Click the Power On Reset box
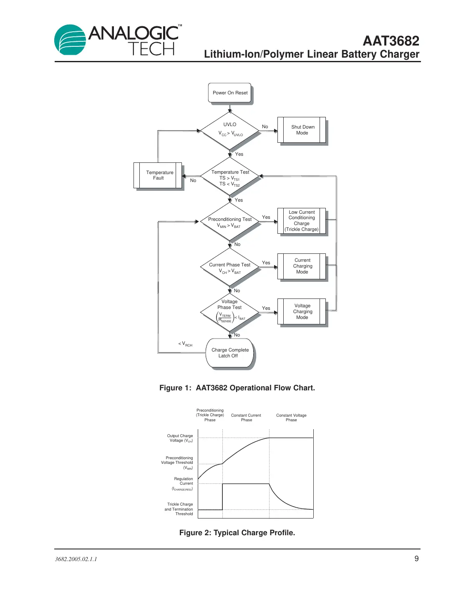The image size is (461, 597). [x=230, y=93]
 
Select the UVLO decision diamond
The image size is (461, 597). [x=230, y=130]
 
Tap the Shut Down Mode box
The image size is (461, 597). [x=302, y=130]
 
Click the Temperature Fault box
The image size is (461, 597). [x=158, y=175]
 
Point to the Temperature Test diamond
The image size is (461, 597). [x=230, y=177]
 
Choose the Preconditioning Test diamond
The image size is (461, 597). [x=230, y=222]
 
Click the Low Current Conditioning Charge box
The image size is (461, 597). [x=302, y=221]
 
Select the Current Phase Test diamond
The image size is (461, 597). [x=230, y=268]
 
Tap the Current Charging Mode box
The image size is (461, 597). [x=302, y=266]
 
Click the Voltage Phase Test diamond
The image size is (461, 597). [x=230, y=312]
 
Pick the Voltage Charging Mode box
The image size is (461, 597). [x=302, y=311]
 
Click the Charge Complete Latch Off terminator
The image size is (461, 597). [x=230, y=353]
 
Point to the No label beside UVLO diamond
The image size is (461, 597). [x=265, y=126]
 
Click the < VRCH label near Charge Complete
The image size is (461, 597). [x=186, y=344]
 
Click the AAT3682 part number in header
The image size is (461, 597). [x=391, y=41]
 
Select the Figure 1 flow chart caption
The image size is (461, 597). [x=237, y=388]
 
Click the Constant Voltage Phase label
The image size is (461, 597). [x=291, y=417]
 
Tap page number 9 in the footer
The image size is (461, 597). [x=416, y=559]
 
